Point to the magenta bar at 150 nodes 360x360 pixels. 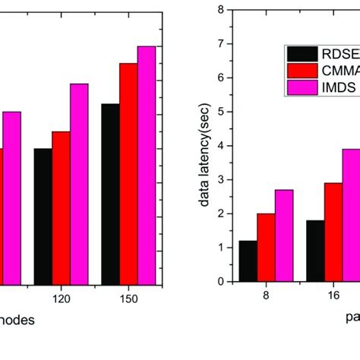146,164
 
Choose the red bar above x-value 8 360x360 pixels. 266,247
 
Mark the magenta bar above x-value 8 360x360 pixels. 283,235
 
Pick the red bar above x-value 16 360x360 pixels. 333,232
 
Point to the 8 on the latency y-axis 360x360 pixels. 219,11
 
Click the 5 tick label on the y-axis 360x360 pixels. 219,112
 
